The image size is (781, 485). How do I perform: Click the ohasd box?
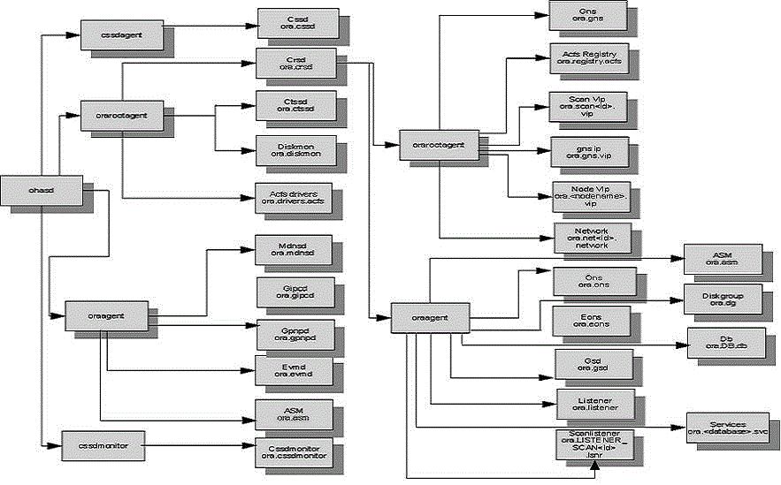tap(42, 188)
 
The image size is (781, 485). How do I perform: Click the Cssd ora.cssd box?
tap(293, 20)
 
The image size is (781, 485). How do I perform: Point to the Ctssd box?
tap(293, 104)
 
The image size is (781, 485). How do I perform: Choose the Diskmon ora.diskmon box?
tap(293, 148)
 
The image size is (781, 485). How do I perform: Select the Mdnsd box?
tap(293, 249)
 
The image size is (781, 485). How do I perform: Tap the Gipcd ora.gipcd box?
tap(293, 290)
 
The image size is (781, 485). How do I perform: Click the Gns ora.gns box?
tap(588, 15)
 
